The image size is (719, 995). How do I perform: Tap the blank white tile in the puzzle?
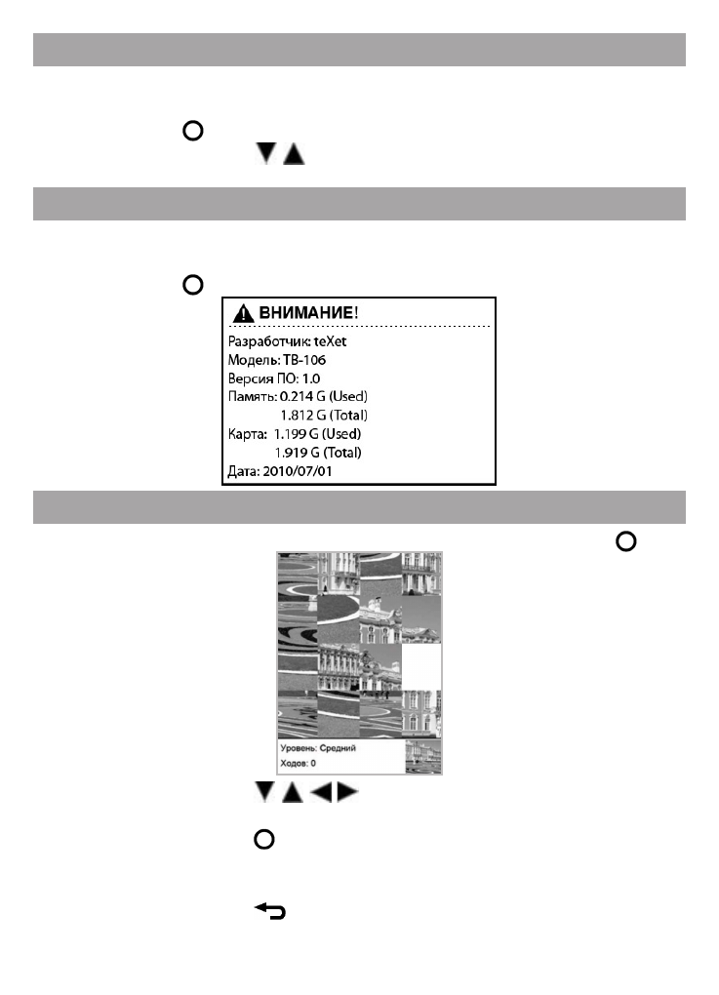coord(421,667)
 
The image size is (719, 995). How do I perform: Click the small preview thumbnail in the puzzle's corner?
coord(422,756)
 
